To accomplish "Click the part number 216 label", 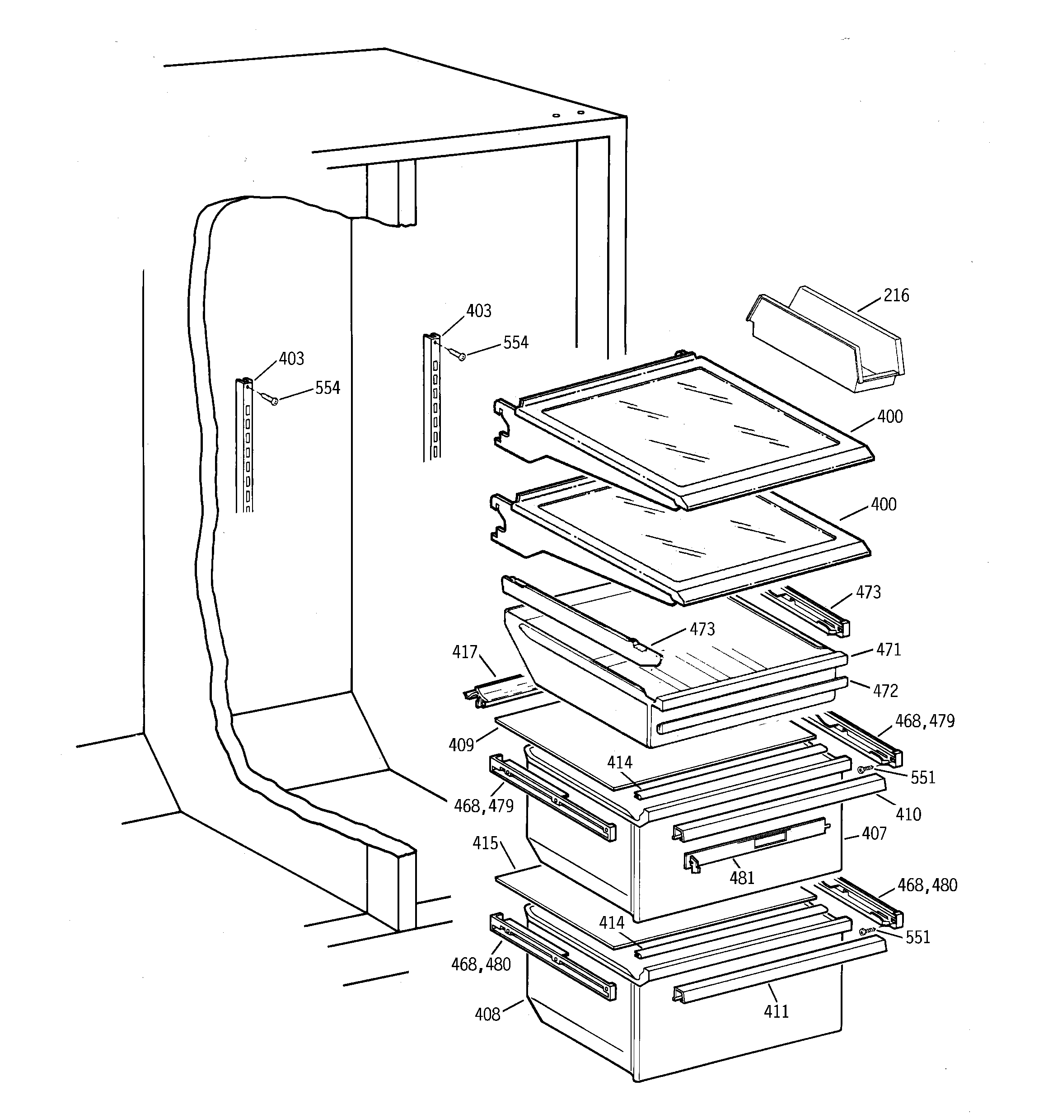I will tap(896, 296).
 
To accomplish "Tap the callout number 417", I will tap(465, 652).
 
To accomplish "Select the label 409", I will tap(461, 745).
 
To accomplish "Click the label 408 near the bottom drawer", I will tap(487, 1015).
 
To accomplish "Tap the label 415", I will tap(485, 843).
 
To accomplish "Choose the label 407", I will tap(874, 834).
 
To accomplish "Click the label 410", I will tap(908, 814).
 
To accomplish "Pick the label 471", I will tap(888, 650).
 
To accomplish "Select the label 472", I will tap(885, 691).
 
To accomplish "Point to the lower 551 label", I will tap(917, 937).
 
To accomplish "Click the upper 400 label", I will tap(889, 417).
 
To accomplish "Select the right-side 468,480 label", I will tap(927, 886).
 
